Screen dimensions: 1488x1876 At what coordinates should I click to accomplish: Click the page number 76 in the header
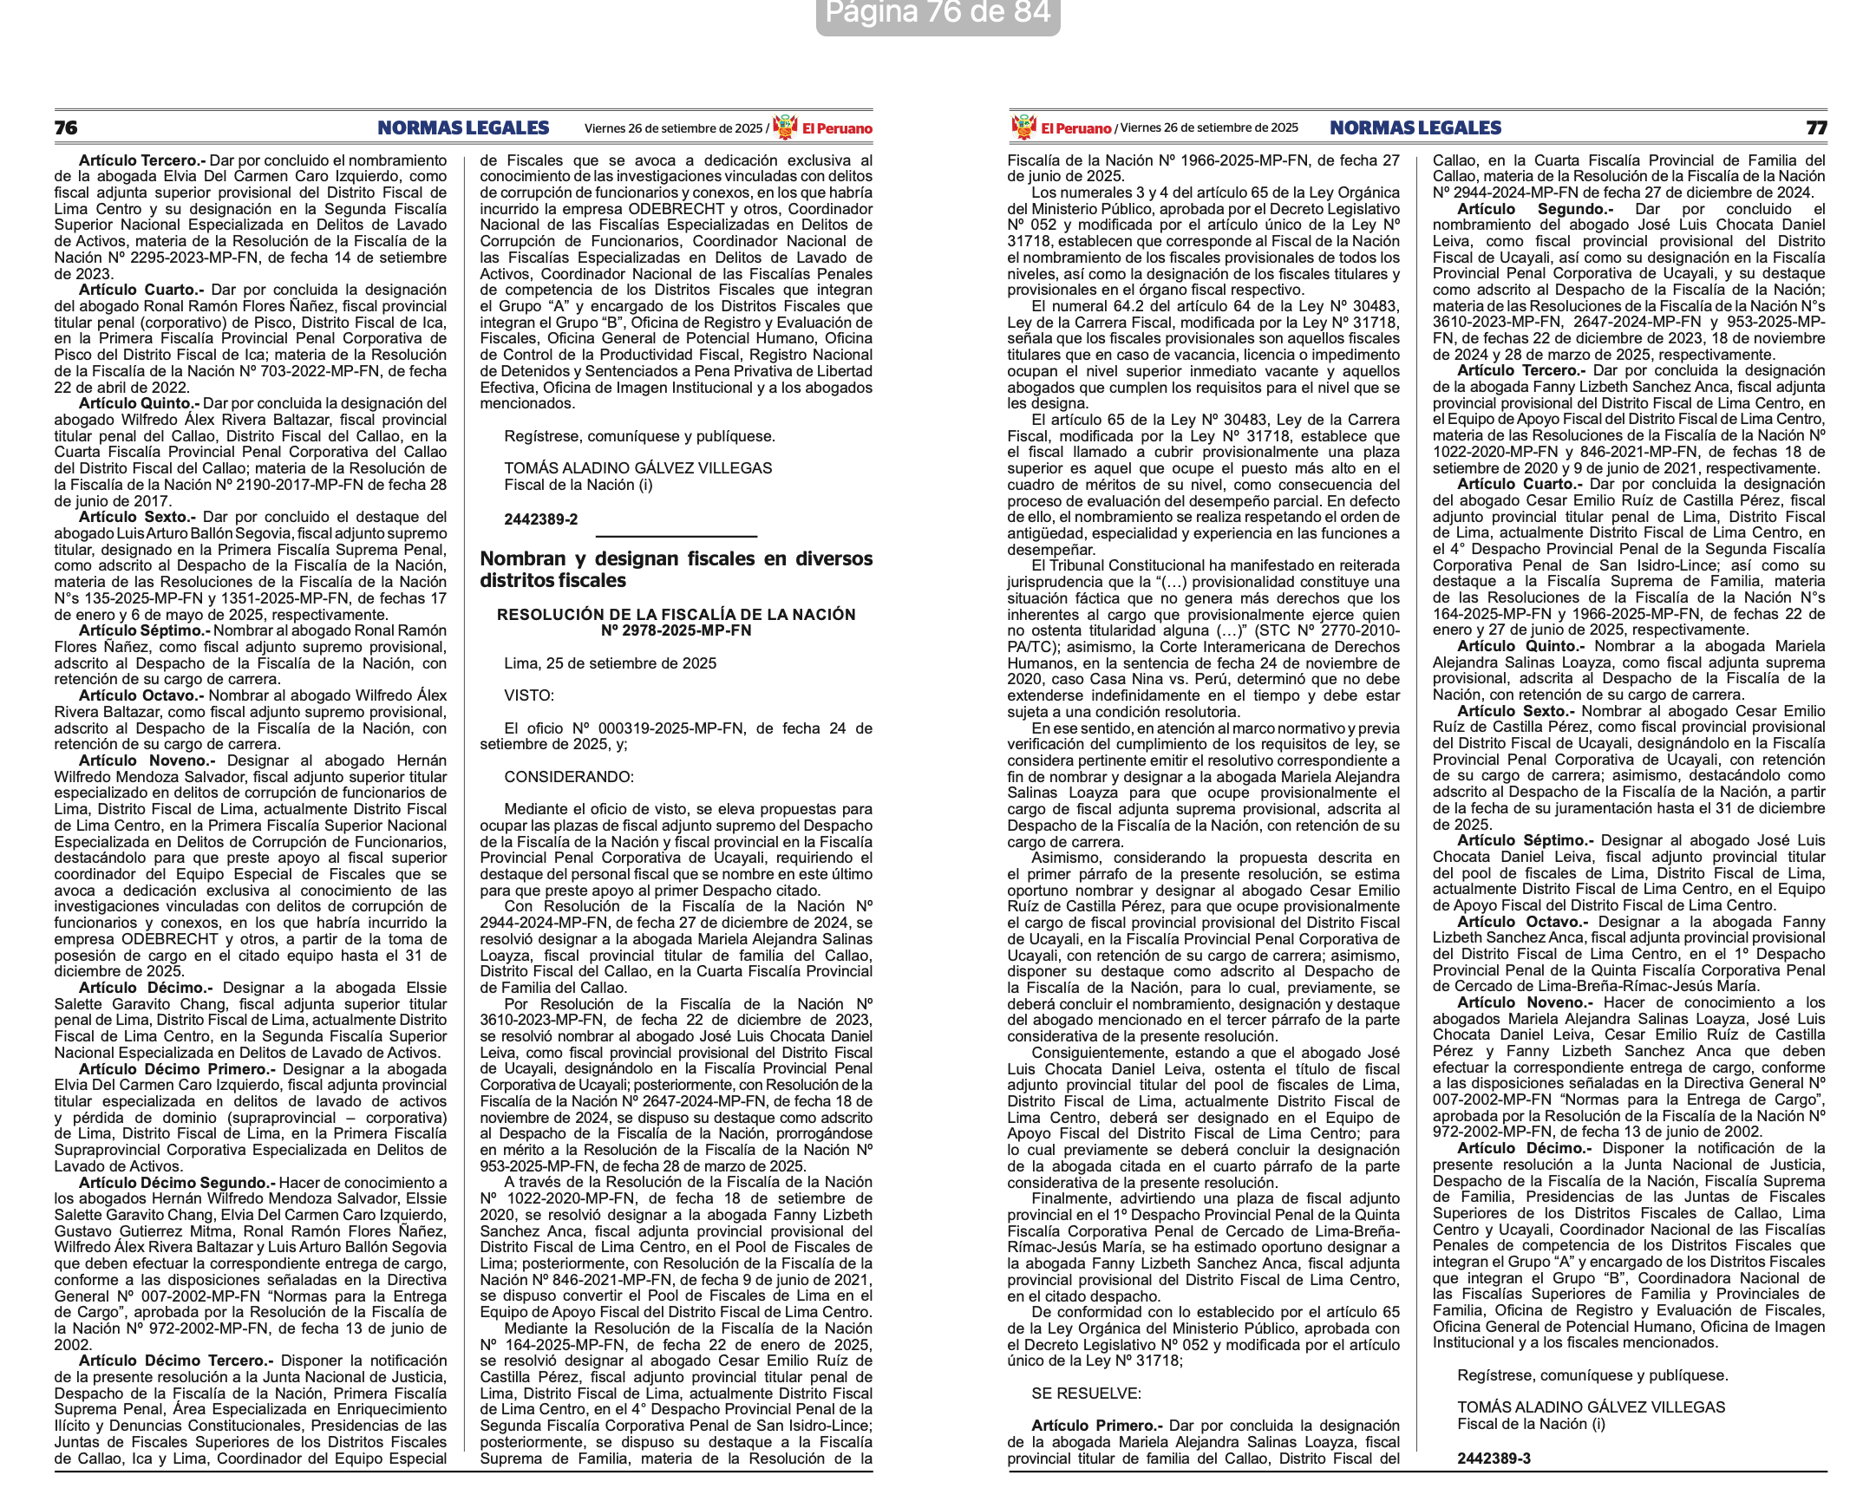point(66,128)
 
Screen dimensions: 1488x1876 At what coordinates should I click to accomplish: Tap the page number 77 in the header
point(1816,128)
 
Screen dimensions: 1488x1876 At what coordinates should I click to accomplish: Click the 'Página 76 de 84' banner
point(937,13)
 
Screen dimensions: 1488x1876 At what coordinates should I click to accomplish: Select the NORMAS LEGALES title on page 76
point(463,128)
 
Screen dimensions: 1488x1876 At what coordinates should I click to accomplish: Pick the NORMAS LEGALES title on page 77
point(1415,128)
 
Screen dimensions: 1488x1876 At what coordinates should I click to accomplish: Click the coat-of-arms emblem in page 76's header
point(785,127)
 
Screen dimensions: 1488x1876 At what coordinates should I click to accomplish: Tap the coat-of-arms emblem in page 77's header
point(1023,127)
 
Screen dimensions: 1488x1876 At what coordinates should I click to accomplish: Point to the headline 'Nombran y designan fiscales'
point(676,569)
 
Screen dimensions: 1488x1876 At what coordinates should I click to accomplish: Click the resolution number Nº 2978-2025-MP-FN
point(676,631)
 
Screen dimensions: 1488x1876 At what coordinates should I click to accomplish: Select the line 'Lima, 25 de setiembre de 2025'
point(610,663)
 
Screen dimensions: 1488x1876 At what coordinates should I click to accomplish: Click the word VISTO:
point(529,695)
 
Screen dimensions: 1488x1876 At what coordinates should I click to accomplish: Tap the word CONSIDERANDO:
point(569,776)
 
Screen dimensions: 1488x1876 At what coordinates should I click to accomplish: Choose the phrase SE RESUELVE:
point(1086,1393)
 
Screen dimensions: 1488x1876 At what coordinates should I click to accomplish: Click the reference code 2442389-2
point(540,519)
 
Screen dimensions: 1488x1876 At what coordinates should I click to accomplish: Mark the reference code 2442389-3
point(1494,1459)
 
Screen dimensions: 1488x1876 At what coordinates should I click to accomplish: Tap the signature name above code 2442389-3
point(1591,1407)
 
